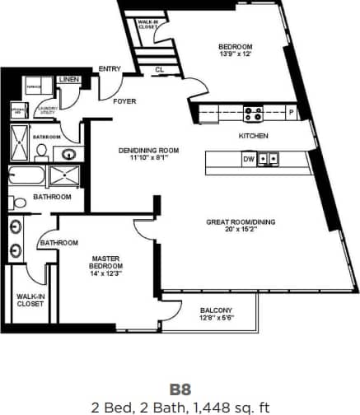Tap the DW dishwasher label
coord(249,159)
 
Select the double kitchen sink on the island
coord(268,159)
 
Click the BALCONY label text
coord(217,310)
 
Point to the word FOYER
coord(124,101)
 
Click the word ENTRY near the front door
coord(109,68)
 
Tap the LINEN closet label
coord(69,80)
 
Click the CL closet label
coord(159,70)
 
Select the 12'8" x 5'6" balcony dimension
coord(217,319)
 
